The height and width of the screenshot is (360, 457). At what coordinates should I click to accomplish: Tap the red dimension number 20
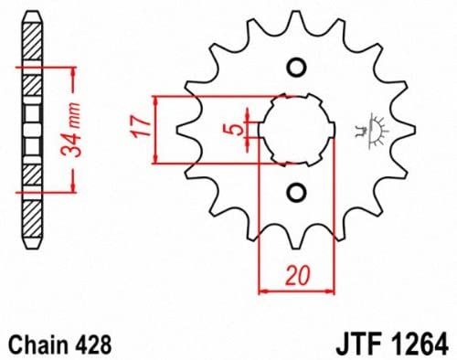(x=298, y=276)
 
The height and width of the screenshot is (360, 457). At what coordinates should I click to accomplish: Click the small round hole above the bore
(x=297, y=68)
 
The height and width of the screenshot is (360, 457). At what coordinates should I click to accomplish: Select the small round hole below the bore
(x=297, y=192)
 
